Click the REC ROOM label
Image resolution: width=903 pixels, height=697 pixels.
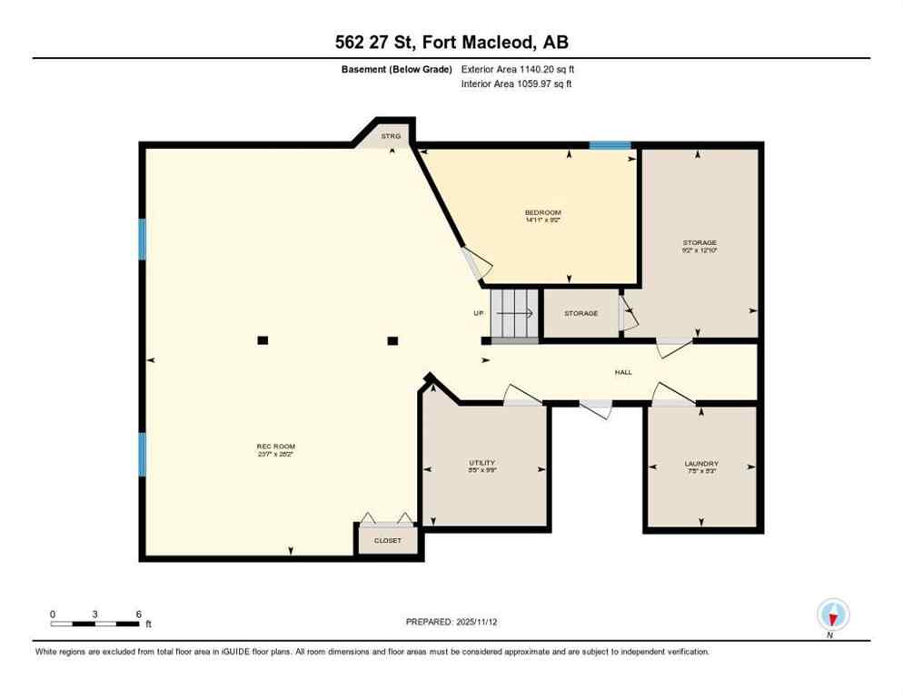coord(275,447)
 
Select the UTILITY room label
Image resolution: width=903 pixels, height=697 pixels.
coord(481,463)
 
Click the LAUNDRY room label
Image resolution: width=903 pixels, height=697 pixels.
coord(700,463)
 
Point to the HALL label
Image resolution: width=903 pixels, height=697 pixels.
coord(622,372)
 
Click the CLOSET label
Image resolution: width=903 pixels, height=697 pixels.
coord(388,541)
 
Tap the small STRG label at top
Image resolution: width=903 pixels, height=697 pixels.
coord(391,136)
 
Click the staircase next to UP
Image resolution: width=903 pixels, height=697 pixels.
coord(515,313)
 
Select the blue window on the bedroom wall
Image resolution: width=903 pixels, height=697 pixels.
coord(610,145)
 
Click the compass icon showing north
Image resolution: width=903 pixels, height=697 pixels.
coord(832,614)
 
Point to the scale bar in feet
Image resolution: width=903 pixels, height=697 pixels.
coord(94,623)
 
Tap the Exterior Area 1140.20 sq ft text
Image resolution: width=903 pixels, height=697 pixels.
coord(518,69)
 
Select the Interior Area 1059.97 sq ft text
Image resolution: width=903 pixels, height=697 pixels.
coord(516,84)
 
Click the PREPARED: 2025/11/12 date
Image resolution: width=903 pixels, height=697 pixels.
coord(451,622)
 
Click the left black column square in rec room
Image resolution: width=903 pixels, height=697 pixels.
coord(263,340)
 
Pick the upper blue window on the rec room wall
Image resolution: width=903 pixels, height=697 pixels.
coord(143,239)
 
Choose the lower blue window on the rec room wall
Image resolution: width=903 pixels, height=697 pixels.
coord(143,454)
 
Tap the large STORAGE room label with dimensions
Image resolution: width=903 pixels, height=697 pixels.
coord(700,246)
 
